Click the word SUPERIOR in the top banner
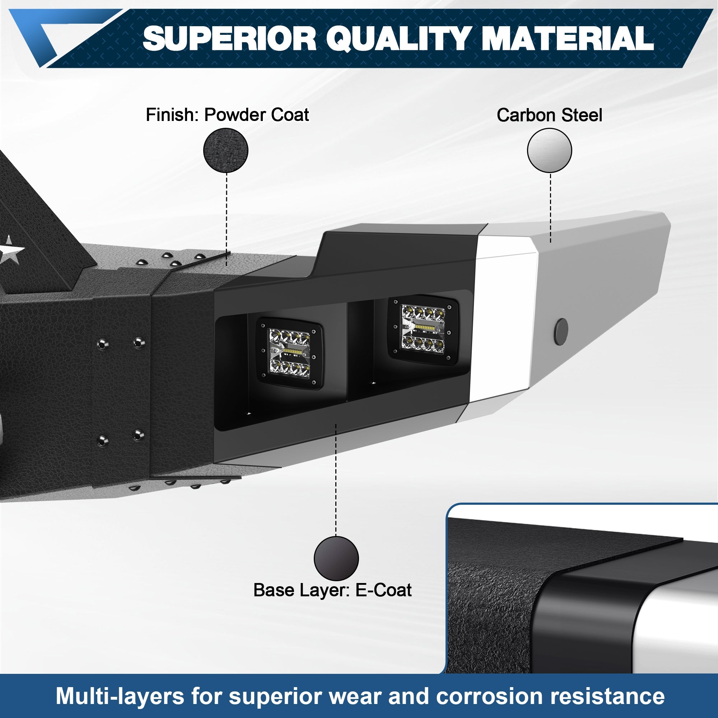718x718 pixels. (x=229, y=39)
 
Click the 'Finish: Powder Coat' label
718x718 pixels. (x=227, y=115)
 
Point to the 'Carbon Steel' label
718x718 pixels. (x=549, y=115)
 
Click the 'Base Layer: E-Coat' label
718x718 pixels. (x=332, y=590)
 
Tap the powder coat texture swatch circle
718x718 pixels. (x=225, y=150)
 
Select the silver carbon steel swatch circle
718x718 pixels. (x=549, y=150)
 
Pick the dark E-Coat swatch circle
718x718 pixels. (x=336, y=558)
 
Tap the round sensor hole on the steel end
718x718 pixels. (x=561, y=331)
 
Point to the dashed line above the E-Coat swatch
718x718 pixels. (x=336, y=479)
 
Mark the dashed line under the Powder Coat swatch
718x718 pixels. (x=226, y=219)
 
